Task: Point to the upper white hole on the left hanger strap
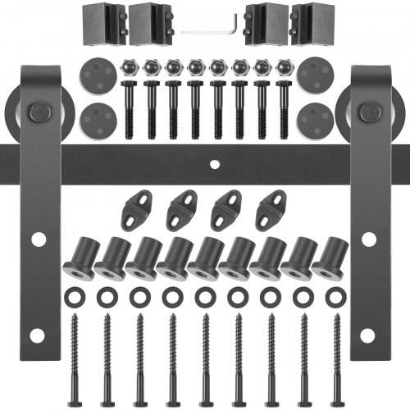38,239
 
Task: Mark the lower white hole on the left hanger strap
38,335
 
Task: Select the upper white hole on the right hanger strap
369,239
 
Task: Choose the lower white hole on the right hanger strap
369,335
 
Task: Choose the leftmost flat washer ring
72,294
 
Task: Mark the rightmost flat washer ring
336,294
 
